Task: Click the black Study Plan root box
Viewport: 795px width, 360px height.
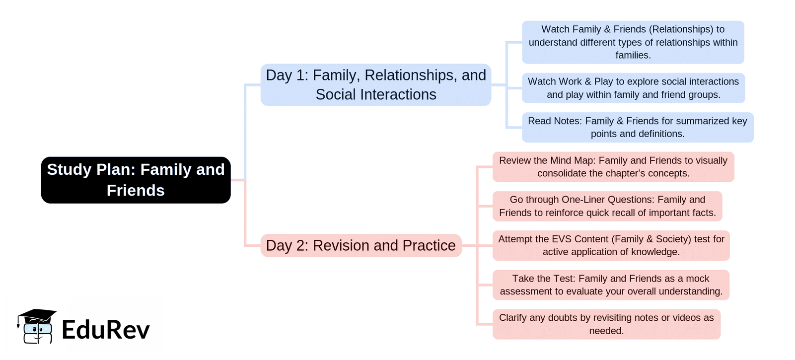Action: pyautogui.click(x=136, y=180)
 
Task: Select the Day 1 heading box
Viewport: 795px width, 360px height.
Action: pyautogui.click(x=375, y=85)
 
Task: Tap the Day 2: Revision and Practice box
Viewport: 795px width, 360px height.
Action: pyautogui.click(x=361, y=245)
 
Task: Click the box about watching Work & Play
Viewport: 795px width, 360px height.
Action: pyautogui.click(x=633, y=88)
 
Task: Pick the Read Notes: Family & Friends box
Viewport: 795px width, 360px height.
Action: pyautogui.click(x=638, y=127)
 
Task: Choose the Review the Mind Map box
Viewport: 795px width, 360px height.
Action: pyautogui.click(x=613, y=167)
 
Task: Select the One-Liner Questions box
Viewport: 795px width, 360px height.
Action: pyautogui.click(x=607, y=206)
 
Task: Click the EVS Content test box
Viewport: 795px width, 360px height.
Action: pyautogui.click(x=611, y=245)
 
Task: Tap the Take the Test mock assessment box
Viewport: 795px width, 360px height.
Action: pyautogui.click(x=611, y=285)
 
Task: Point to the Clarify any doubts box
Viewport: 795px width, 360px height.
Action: pyautogui.click(x=606, y=324)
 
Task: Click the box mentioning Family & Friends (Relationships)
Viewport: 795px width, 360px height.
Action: pyautogui.click(x=633, y=42)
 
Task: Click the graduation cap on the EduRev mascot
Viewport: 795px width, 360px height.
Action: pyautogui.click(x=37, y=316)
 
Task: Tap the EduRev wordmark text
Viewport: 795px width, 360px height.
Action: pyautogui.click(x=105, y=330)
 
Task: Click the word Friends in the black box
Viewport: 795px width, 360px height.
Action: pyautogui.click(x=136, y=191)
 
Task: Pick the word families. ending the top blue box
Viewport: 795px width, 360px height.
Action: pyautogui.click(x=633, y=55)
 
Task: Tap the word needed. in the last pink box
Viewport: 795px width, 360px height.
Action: pyautogui.click(x=606, y=331)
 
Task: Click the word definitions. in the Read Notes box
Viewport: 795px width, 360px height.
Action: pyautogui.click(x=661, y=134)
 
